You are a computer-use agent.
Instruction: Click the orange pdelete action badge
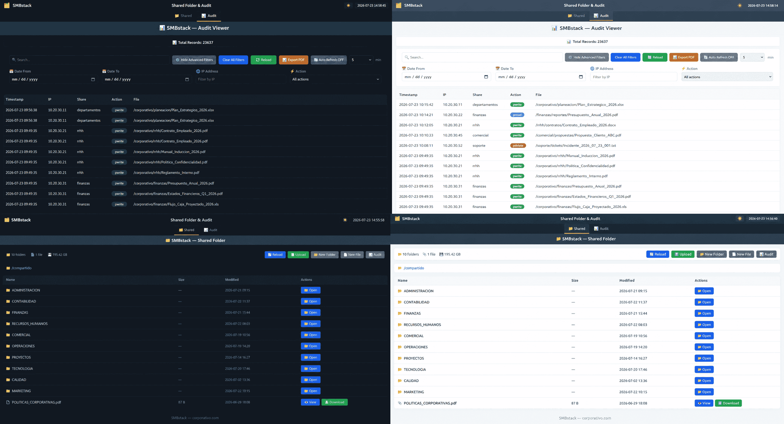518,145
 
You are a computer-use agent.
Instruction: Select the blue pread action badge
517,115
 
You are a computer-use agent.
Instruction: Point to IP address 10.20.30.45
452,135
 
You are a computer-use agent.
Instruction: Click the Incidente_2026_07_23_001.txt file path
576,145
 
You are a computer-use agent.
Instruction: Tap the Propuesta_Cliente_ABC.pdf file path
578,135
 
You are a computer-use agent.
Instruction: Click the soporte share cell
479,145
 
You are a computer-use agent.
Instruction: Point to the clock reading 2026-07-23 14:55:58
368,220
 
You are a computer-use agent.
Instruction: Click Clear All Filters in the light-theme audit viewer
625,57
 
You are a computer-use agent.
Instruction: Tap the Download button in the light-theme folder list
728,403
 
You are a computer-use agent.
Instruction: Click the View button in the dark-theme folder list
310,402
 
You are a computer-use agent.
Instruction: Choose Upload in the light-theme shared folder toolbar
683,254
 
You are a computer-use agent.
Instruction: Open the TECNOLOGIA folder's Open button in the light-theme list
704,370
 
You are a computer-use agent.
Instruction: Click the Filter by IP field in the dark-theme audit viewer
241,79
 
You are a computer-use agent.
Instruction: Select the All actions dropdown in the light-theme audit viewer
727,77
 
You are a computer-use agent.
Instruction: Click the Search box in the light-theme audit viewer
482,57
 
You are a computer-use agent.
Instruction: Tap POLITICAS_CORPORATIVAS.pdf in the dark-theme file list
36,402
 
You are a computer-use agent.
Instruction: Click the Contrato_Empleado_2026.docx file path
576,125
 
